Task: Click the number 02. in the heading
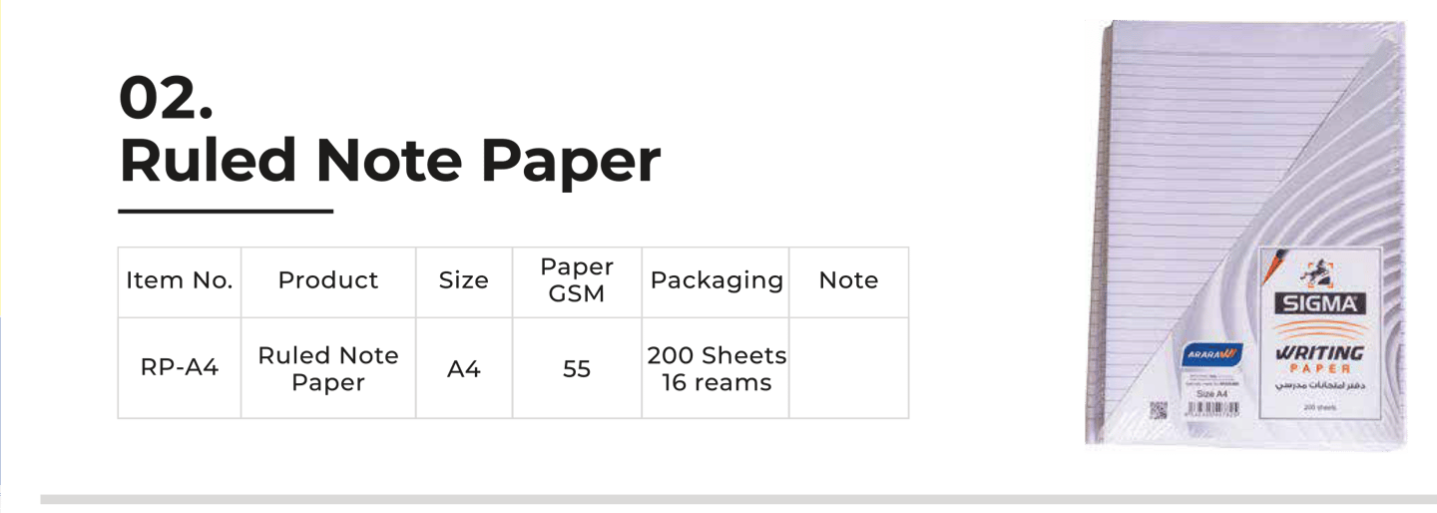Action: [166, 98]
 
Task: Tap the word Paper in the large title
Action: [573, 162]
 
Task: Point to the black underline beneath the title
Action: [226, 212]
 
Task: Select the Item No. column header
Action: [180, 281]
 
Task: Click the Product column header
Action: [328, 281]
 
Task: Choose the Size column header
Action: [464, 281]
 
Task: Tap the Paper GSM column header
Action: [577, 280]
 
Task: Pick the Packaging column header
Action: [717, 281]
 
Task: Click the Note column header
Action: [848, 281]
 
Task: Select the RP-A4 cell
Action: [180, 368]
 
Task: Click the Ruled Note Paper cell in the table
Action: [328, 368]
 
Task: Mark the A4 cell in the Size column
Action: [464, 369]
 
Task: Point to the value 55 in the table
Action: [577, 369]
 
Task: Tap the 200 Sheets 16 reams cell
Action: [717, 368]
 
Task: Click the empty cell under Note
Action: [848, 368]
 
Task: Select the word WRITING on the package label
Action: [1319, 353]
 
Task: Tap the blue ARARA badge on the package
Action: [1210, 354]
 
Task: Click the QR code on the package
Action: [1158, 409]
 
